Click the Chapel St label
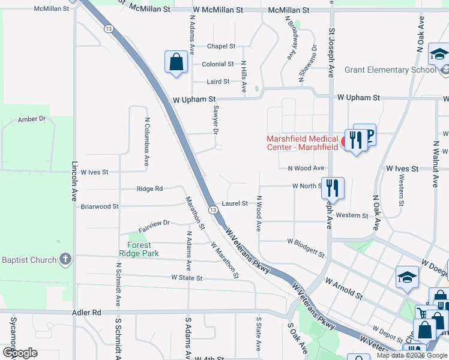pos(221,46)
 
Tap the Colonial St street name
pos(218,64)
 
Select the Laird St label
pos(218,82)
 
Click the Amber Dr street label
pos(32,119)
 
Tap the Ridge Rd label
pos(149,188)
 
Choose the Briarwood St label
pos(100,206)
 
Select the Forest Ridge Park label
pos(143,249)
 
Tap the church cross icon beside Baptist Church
pos(65,260)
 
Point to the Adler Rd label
pos(87,313)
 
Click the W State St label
pos(187,278)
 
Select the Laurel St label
pos(235,203)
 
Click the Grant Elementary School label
pos(390,70)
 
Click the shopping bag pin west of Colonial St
pos(175,62)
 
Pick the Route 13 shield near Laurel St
pos(213,209)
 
